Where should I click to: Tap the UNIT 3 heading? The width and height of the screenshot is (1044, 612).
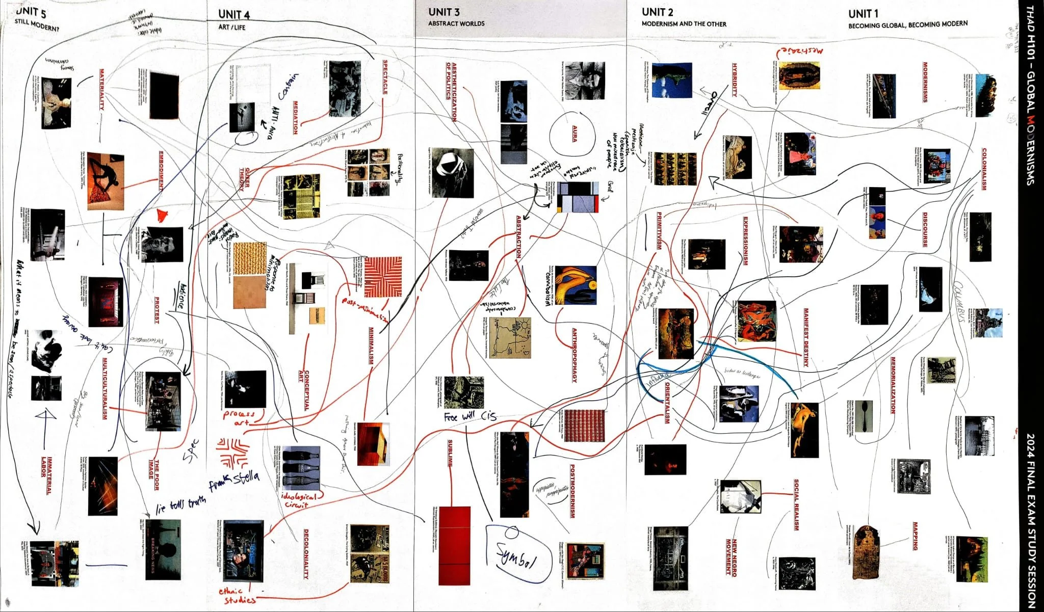click(443, 12)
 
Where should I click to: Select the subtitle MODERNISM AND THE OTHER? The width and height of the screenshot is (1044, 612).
click(684, 24)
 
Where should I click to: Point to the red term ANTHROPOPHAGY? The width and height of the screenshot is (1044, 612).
click(574, 355)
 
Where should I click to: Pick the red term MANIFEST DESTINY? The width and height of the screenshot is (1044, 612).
click(806, 337)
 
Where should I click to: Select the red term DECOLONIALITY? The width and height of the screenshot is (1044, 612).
click(306, 553)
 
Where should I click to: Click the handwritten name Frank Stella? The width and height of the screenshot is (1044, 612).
click(234, 482)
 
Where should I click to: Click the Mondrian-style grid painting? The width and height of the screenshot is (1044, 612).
click(577, 197)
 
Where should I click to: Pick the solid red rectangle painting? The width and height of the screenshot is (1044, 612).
click(454, 545)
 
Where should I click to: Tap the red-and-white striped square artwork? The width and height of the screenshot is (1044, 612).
click(383, 277)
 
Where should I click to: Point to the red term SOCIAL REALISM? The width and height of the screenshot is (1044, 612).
click(796, 504)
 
